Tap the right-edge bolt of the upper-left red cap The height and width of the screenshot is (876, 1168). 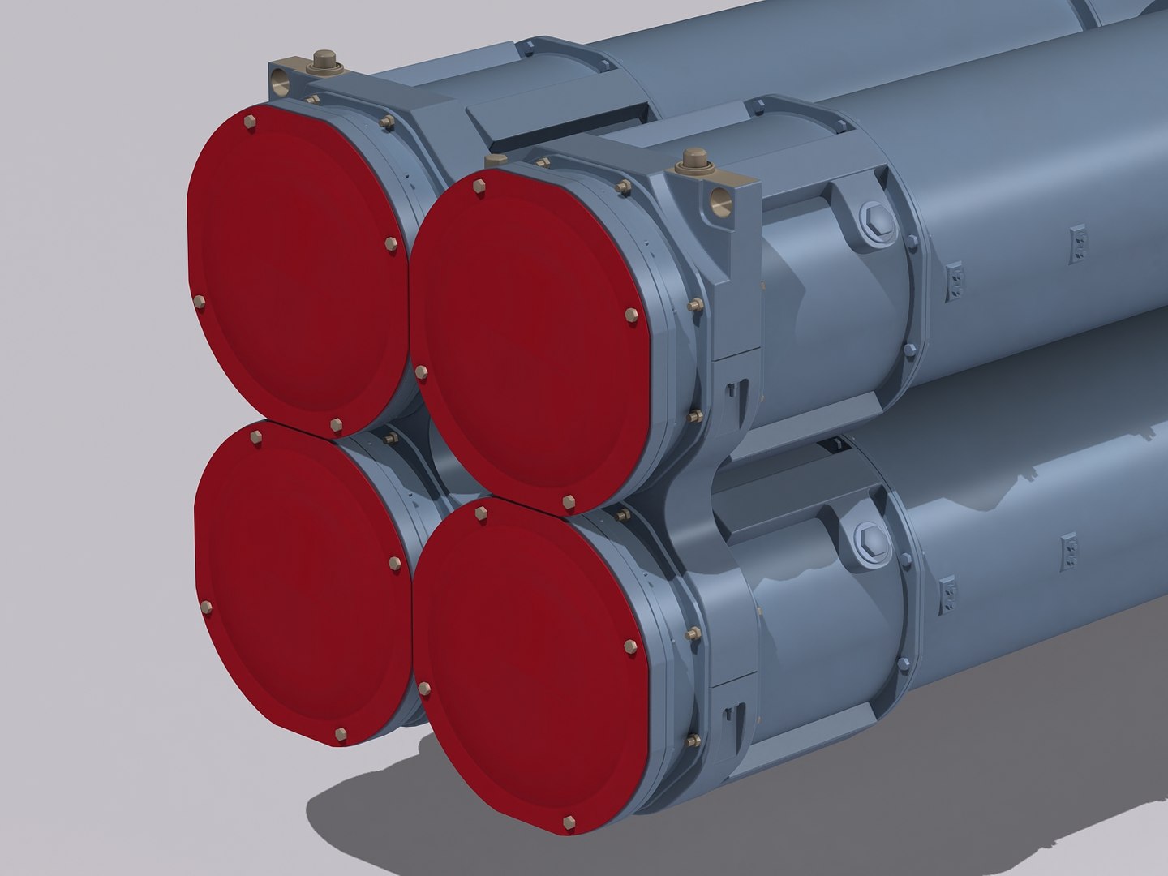[392, 244]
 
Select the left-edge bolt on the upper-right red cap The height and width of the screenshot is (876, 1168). [421, 372]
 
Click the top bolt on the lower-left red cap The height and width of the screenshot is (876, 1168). [257, 437]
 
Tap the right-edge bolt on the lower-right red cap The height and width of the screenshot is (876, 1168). [630, 646]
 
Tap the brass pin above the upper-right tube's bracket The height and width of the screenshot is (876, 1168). [693, 157]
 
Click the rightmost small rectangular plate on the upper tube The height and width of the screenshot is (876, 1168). [1078, 239]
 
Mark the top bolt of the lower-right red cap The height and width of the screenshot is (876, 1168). [482, 514]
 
